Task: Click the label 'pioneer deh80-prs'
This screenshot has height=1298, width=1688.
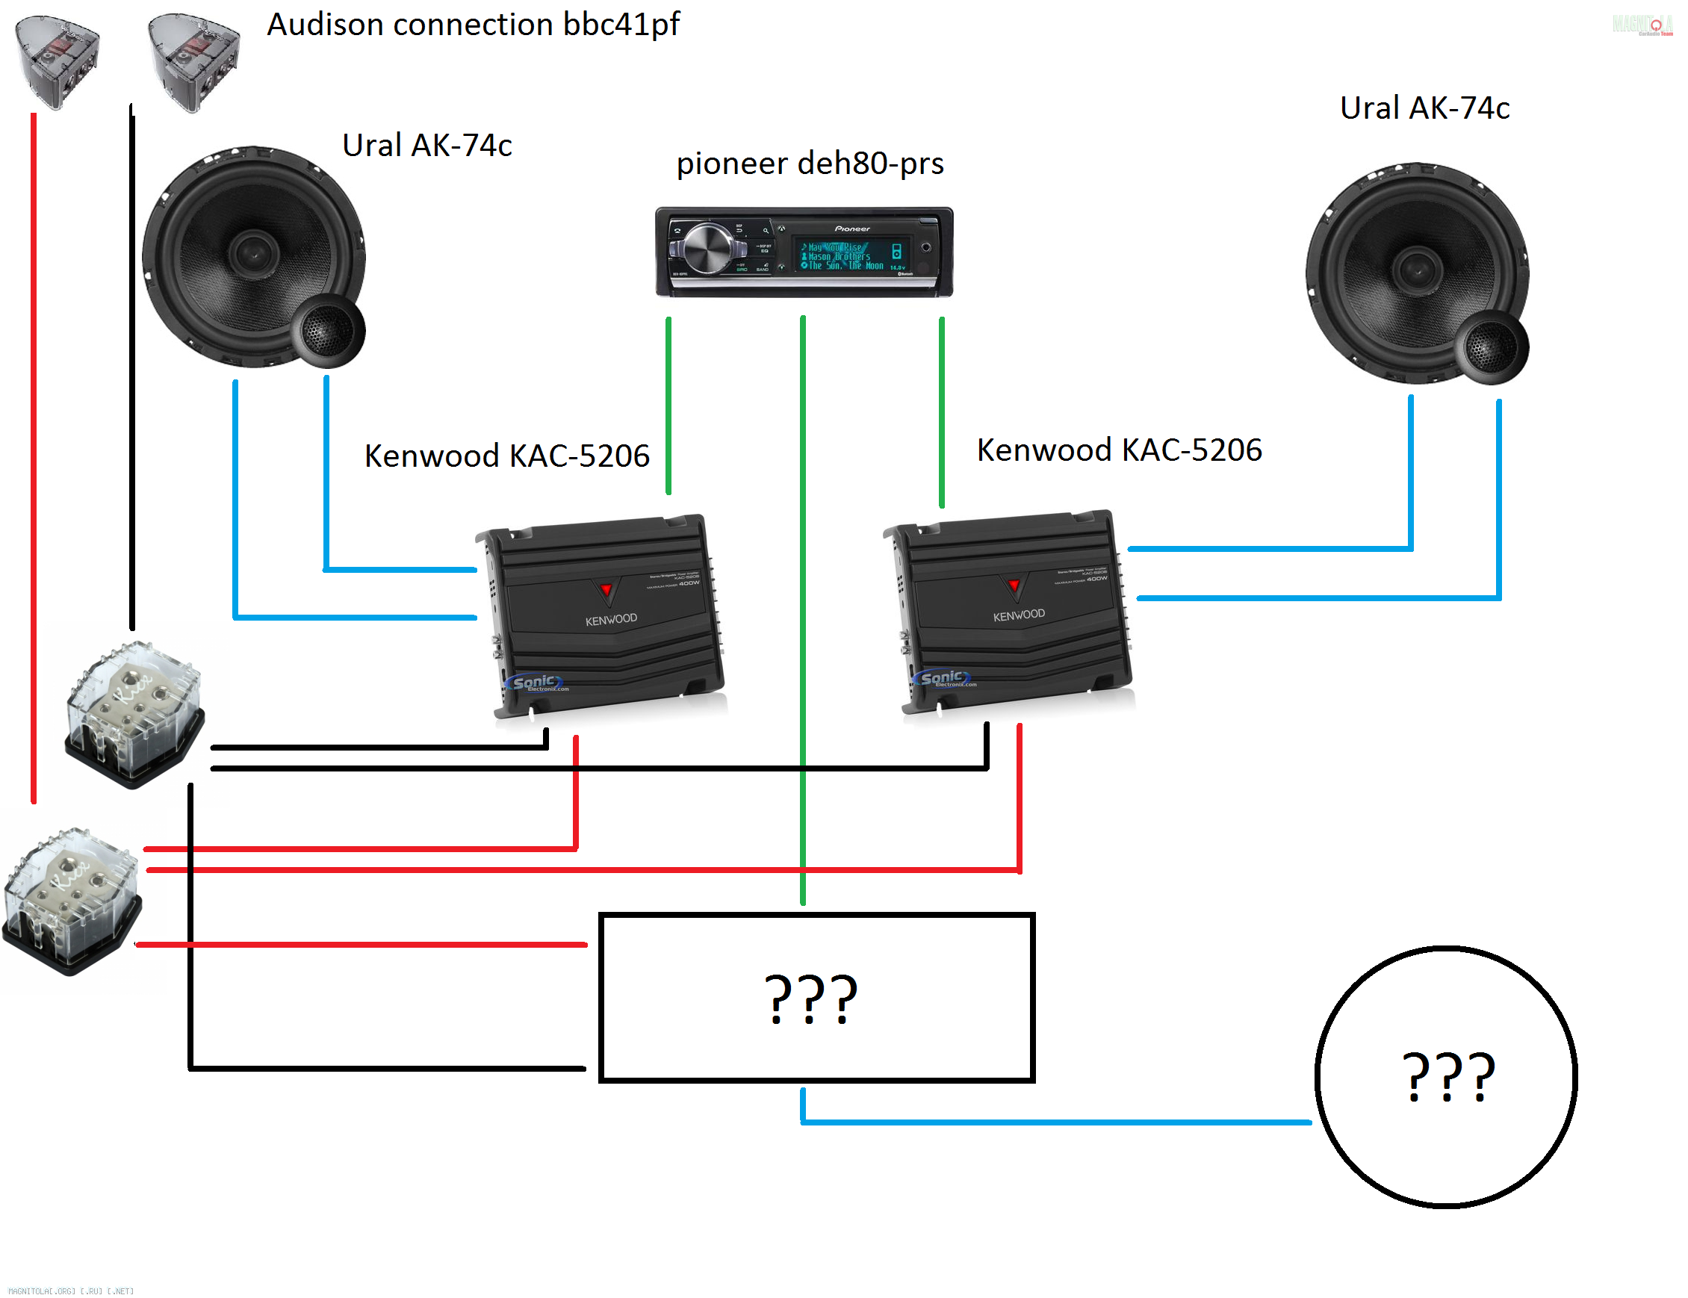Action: coord(809,164)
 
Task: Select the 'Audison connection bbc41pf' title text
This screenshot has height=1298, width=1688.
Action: coord(473,25)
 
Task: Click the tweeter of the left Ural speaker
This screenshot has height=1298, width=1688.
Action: coord(328,332)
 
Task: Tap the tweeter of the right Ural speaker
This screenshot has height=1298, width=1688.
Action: coord(1490,348)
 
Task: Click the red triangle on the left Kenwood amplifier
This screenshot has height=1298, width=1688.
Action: coord(606,591)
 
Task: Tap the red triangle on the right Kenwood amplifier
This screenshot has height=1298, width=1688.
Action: coord(1014,585)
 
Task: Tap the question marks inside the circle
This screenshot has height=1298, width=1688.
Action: coord(1447,1075)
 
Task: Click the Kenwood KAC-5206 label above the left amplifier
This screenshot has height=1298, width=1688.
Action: coord(507,456)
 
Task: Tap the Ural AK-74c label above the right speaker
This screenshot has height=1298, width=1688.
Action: coord(1424,108)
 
